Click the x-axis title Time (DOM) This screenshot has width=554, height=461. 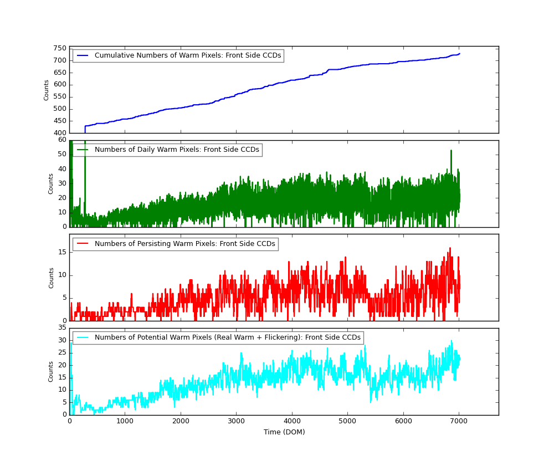coord(284,432)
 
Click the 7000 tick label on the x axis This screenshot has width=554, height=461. coord(459,421)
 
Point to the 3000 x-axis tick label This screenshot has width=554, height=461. coord(236,421)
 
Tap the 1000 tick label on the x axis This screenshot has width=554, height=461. coord(125,421)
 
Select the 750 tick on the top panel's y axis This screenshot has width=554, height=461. coord(60,48)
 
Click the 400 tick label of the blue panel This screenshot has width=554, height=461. coord(60,133)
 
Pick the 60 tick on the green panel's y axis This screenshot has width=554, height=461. coord(62,140)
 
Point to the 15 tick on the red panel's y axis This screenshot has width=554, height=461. coord(62,252)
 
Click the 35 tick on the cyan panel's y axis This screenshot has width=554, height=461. coord(62,328)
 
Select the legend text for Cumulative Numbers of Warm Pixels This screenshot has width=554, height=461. coord(188,55)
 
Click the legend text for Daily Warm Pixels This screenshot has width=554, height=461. coord(176,150)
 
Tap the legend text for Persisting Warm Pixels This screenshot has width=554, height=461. coord(184,244)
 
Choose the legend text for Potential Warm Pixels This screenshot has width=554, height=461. coord(227,337)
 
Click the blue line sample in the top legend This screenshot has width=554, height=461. coord(83,55)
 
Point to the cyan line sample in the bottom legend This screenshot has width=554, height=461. coord(83,337)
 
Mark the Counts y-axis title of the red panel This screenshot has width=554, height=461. coord(52,278)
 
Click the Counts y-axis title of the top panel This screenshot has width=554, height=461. coord(47,90)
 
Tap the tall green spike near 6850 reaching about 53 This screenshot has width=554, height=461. coord(451,151)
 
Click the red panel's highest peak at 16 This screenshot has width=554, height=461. coord(450,248)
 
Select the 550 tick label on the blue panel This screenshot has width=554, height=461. coord(60,96)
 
